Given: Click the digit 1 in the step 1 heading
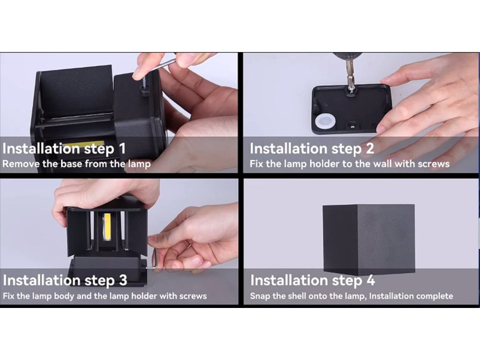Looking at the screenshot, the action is [122, 148].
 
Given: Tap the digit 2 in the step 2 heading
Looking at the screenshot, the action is [370, 148].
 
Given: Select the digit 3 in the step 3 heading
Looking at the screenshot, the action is [123, 280].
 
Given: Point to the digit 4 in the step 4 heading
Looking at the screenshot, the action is [370, 280].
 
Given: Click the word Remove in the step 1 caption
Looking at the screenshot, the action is [21, 164].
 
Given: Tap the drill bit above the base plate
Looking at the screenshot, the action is [351, 75].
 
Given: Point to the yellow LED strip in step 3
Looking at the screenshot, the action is [107, 227].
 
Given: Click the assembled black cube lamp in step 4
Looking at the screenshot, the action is [368, 240].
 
